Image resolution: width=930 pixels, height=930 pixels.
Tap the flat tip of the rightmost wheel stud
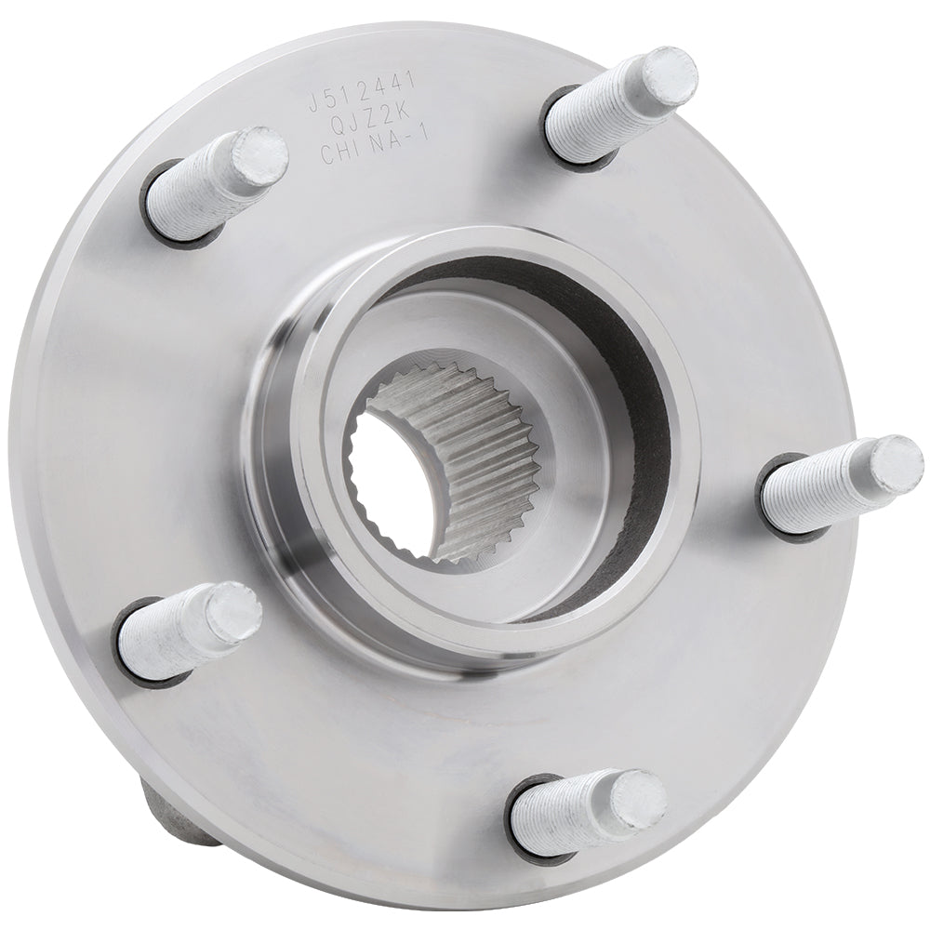pyautogui.click(x=897, y=464)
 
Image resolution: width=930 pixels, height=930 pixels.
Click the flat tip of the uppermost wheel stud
pyautogui.click(x=669, y=75)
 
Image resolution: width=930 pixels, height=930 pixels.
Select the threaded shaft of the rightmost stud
pyautogui.click(x=818, y=488)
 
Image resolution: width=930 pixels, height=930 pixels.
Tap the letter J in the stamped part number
pyautogui.click(x=313, y=103)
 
